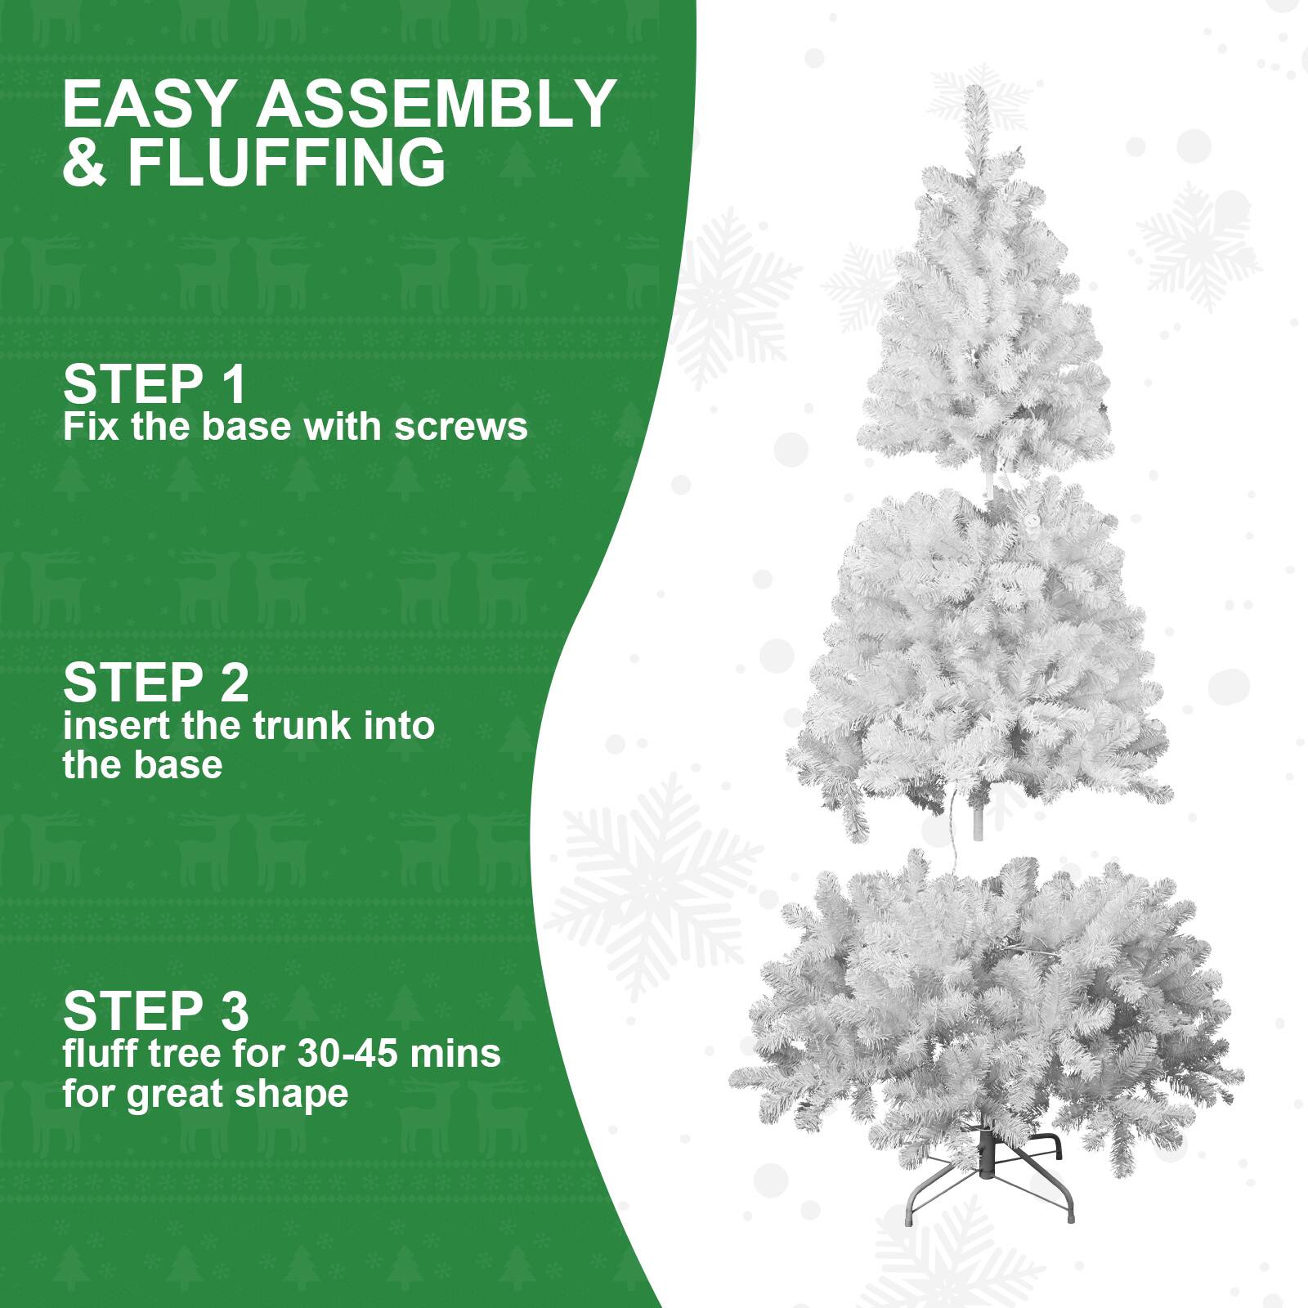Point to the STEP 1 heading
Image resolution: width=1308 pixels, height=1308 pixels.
pos(154,384)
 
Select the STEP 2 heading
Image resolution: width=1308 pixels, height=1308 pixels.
pos(155,683)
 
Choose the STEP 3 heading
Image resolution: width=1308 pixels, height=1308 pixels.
pos(155,1010)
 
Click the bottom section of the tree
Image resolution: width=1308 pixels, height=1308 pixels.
pos(985,1006)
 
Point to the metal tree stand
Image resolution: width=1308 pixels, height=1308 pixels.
pos(989,1177)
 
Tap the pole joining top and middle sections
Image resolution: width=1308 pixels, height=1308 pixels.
pos(991,485)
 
